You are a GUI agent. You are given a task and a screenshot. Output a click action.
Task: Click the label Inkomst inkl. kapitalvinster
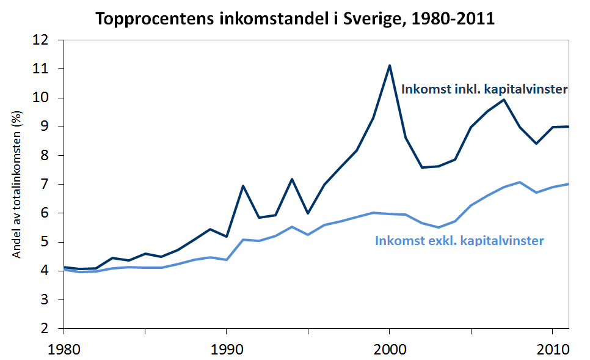coord(484,89)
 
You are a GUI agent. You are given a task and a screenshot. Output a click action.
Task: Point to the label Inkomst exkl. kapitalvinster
coord(459,241)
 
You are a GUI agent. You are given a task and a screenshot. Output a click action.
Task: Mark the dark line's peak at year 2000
coord(389,65)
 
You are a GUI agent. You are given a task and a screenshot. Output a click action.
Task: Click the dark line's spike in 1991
coord(243,186)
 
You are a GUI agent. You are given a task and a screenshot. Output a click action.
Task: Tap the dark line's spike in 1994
coord(292,179)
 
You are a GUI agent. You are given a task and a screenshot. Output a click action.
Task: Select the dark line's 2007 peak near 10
coord(504,100)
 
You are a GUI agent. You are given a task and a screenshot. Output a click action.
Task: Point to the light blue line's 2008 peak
coord(520,182)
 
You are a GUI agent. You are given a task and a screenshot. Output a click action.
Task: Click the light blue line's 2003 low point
coord(438,227)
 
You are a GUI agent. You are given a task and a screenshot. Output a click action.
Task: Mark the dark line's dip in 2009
coord(536,144)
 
